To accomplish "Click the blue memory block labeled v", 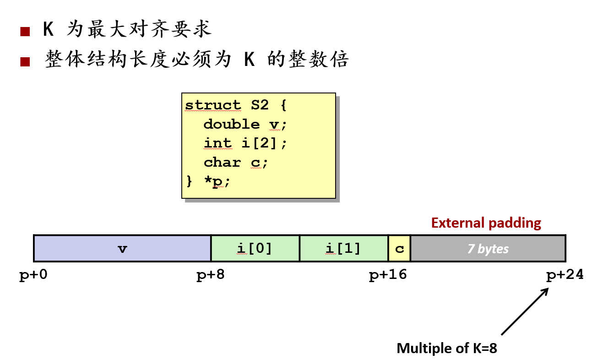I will pos(122,249).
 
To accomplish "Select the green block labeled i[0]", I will pos(255,249).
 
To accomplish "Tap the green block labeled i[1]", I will pos(344,249).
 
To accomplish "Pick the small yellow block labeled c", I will pos(400,249).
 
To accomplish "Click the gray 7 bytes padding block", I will pos(488,249).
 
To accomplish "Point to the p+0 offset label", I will pos(33,276).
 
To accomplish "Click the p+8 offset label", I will pos(211,276).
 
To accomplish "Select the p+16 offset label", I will pos(388,276).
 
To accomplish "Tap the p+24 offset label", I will pos(565,276).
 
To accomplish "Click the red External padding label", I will pos(486,223).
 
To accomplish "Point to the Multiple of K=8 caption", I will pos(447,349).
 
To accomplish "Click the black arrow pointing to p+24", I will pos(525,311).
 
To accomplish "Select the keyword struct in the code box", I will pos(213,105).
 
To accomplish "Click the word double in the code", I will pos(232,124).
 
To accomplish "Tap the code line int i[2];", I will pos(245,143).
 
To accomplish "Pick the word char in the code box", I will pos(222,163).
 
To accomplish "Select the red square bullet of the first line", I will pos(25,32).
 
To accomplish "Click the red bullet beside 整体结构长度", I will pos(25,61).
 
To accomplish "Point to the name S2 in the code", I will pos(260,105).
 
